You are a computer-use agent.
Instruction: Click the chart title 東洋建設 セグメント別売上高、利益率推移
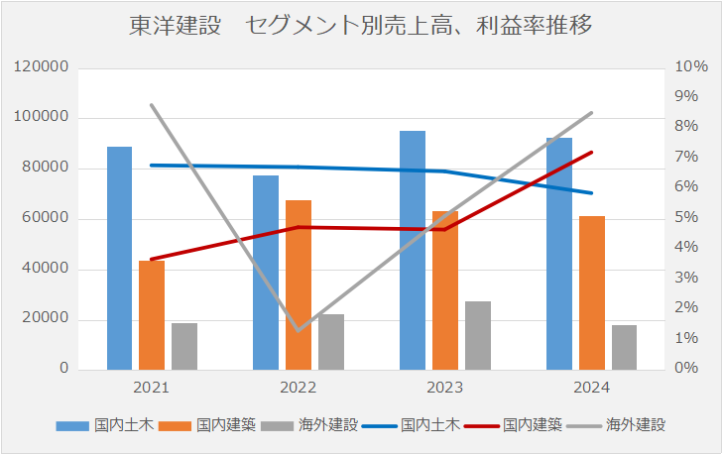pos(361,26)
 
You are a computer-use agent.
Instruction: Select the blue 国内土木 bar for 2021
pos(119,258)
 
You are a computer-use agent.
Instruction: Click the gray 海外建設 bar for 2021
pos(184,346)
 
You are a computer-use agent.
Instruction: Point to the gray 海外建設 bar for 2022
pos(331,342)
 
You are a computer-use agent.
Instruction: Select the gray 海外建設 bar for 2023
pos(478,335)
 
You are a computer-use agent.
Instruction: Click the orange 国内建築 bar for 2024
pos(592,292)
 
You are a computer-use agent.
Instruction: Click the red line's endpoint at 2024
pos(592,152)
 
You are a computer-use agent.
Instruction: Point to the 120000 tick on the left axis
pos(42,67)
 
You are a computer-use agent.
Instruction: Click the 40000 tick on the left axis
pos(46,269)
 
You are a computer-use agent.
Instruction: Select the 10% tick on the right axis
pos(690,67)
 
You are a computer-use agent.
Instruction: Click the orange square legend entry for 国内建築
pos(183,425)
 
